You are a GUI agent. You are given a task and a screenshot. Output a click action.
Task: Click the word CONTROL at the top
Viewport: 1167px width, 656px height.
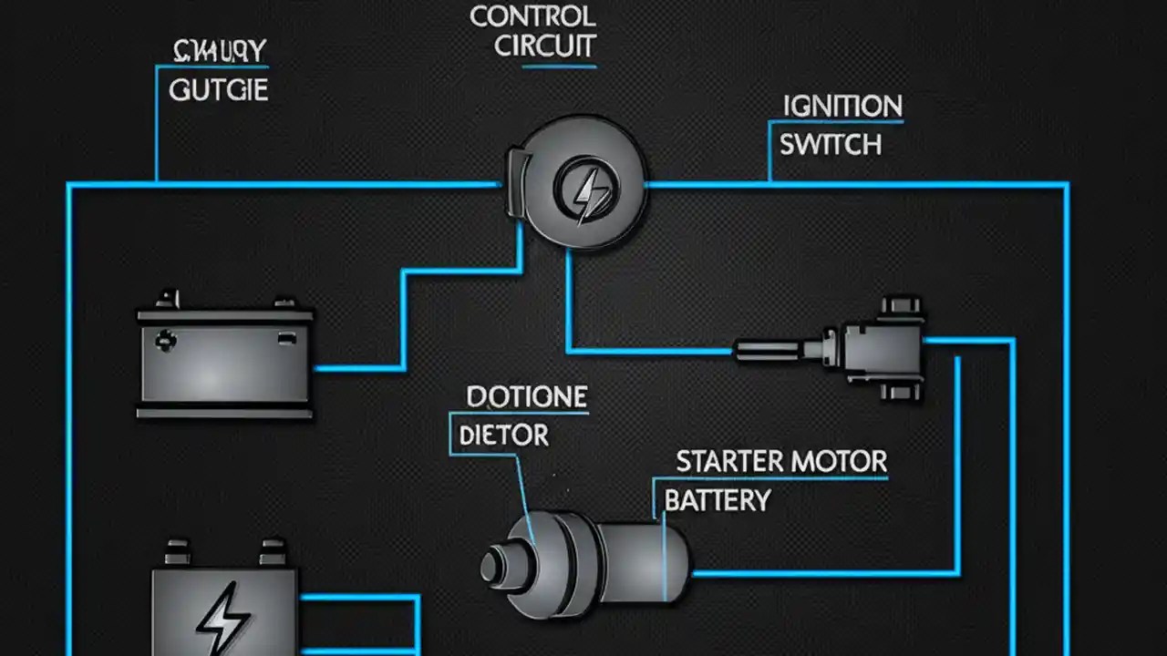[x=532, y=16]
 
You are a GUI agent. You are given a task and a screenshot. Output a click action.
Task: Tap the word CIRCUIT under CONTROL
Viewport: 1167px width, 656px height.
[x=544, y=46]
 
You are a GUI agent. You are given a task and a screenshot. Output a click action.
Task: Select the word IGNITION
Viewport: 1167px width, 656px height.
[x=842, y=106]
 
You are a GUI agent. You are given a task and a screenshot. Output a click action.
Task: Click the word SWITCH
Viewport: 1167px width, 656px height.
[x=830, y=145]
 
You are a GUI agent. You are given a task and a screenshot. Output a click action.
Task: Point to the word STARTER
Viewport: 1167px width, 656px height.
[x=728, y=461]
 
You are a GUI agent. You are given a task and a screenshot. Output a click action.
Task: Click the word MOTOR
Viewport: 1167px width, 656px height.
[x=840, y=461]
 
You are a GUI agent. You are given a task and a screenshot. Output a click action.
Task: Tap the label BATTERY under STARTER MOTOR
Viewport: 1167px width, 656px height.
[x=717, y=500]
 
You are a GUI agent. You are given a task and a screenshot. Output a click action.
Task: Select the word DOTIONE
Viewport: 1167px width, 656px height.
[x=526, y=397]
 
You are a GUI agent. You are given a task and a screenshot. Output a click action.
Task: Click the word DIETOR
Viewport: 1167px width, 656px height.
[x=503, y=436]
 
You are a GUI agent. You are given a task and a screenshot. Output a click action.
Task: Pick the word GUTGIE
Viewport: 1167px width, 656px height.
[x=219, y=90]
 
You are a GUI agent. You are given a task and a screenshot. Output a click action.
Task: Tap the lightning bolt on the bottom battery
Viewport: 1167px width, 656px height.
[x=222, y=619]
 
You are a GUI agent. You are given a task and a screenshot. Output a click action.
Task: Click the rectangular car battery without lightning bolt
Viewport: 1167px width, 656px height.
[x=224, y=360]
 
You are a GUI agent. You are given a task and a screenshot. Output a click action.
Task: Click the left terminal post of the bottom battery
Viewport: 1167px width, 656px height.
[x=178, y=552]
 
